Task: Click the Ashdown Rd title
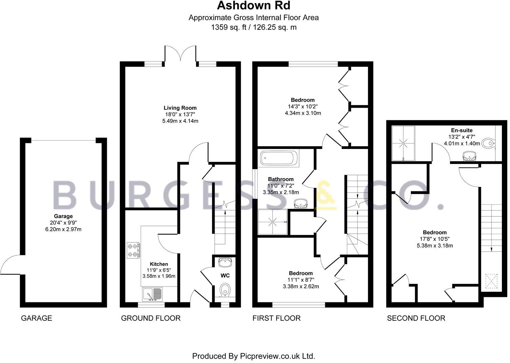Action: click(254, 6)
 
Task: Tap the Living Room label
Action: click(180, 108)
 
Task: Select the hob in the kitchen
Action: click(133, 250)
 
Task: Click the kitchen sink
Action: click(153, 294)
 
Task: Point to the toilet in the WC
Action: click(225, 290)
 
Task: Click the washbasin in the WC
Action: click(225, 262)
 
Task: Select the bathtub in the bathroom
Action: click(279, 159)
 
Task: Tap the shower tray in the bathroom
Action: click(273, 222)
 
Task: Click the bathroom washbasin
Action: click(301, 203)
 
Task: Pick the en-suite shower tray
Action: click(403, 143)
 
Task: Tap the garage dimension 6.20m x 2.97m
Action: click(63, 229)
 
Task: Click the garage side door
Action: click(12, 264)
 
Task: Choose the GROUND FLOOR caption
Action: click(151, 318)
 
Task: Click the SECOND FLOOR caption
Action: click(416, 318)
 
